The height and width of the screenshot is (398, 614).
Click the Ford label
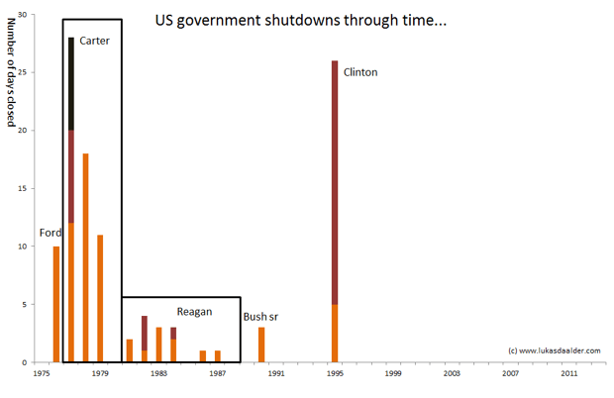coord(50,234)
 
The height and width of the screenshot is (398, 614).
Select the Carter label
coord(94,41)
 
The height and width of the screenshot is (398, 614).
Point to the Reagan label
coord(195,312)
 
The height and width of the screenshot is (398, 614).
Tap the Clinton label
coord(360,72)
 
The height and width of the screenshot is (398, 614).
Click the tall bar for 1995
coord(335,198)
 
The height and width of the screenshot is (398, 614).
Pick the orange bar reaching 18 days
coord(86,257)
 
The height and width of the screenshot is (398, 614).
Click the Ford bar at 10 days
coord(56,304)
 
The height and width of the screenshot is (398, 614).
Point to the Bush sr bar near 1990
coord(261,345)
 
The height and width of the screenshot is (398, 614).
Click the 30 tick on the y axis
coord(24,15)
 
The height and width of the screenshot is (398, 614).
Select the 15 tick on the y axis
coord(24,188)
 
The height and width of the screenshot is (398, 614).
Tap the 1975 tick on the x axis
coord(43,374)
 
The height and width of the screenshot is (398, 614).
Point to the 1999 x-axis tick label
coord(393,374)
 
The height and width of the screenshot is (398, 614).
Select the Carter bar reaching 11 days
coord(101,298)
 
